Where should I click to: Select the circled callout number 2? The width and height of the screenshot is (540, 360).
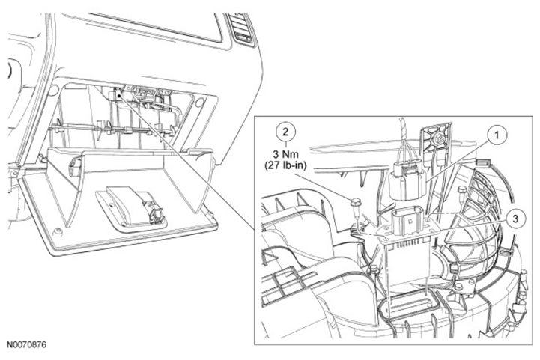point(285,132)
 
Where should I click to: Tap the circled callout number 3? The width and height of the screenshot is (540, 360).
point(515,219)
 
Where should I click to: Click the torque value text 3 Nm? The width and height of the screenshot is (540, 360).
point(285,154)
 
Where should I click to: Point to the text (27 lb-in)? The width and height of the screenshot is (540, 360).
point(285,165)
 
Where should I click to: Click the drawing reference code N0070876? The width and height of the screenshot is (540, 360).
point(26,344)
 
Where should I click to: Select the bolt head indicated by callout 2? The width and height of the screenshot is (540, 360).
point(355,202)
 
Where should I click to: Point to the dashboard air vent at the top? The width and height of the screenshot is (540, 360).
point(242,30)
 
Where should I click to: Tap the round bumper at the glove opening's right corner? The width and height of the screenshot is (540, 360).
point(199,103)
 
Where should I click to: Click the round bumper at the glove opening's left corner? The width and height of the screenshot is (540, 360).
point(54,91)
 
